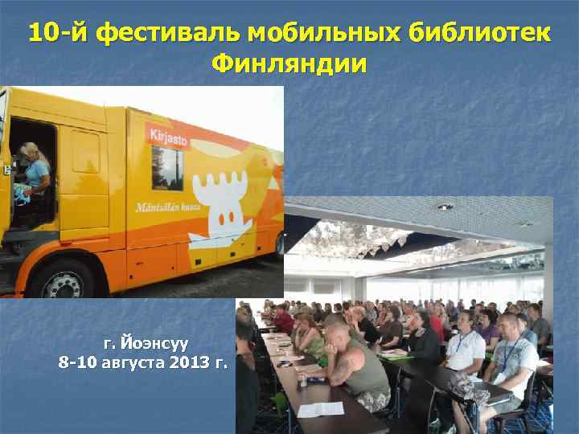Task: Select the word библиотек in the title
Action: (x=480, y=34)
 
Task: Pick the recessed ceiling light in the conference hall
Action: (x=445, y=207)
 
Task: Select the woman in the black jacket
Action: (x=421, y=338)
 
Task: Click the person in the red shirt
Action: (x=284, y=319)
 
